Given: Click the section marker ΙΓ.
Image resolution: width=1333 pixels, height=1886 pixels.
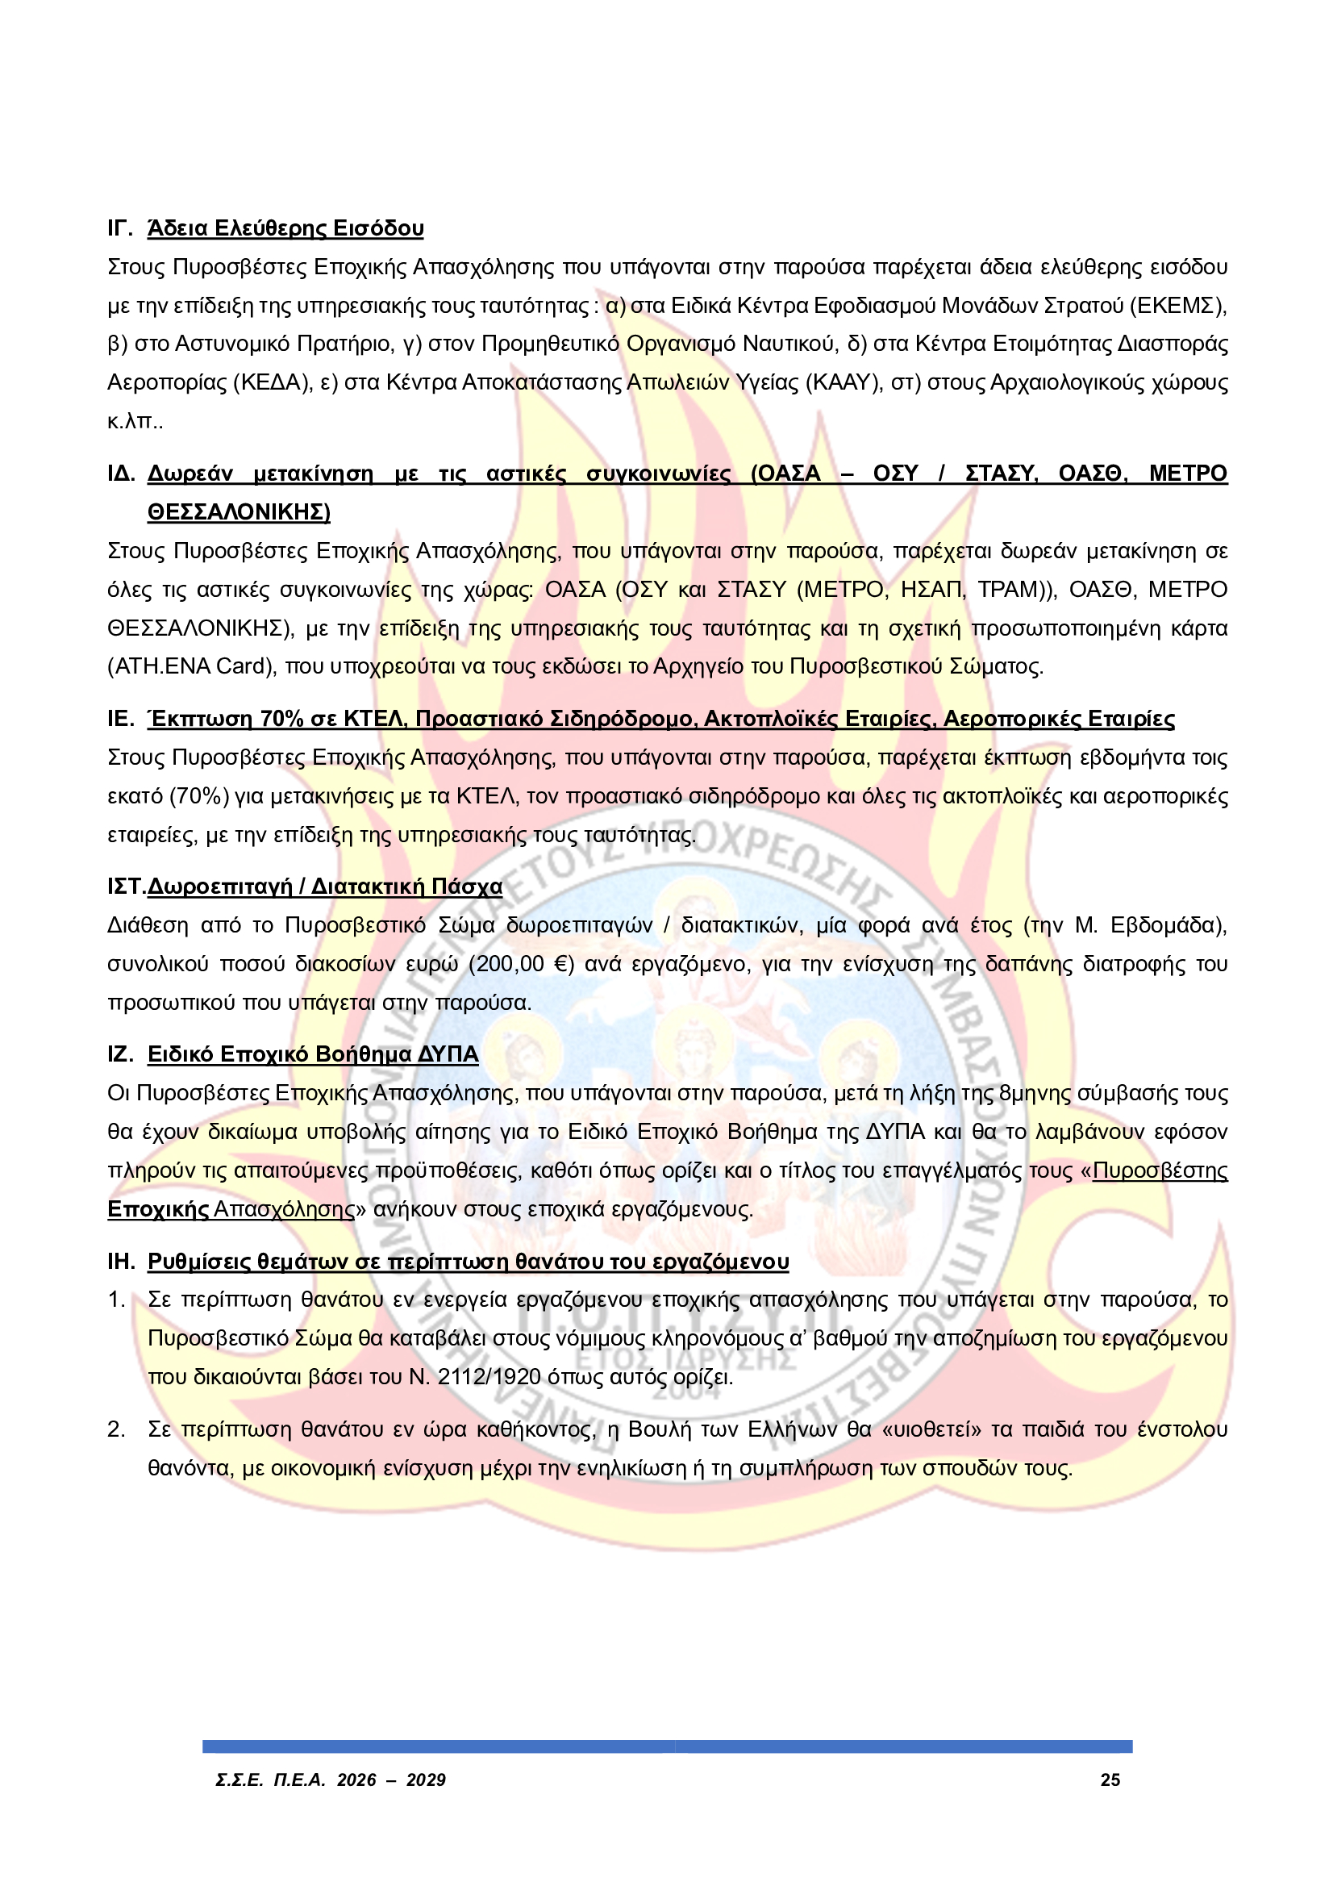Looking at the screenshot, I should click(120, 228).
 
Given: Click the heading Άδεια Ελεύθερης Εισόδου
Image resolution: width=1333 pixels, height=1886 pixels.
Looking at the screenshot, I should click(285, 228).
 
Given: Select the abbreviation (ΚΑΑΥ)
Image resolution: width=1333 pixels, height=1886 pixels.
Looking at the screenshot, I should click(844, 383).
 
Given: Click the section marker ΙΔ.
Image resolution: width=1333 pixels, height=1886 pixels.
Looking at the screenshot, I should click(121, 474).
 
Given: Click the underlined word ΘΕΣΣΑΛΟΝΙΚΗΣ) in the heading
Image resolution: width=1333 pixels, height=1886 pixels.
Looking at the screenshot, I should click(239, 512).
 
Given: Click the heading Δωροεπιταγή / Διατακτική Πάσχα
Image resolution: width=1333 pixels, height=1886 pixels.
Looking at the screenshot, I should click(324, 887).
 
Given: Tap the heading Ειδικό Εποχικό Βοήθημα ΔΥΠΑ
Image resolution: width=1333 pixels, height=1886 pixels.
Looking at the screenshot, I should click(313, 1054).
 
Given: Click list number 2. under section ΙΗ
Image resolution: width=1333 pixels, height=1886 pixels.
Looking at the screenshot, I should click(117, 1430).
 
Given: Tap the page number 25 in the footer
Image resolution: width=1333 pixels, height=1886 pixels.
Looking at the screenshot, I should click(1110, 1781).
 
